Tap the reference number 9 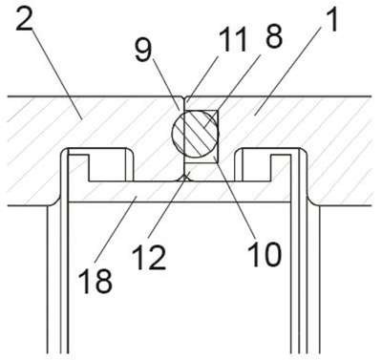click(x=143, y=52)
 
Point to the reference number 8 click(x=273, y=37)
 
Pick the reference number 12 click(x=150, y=258)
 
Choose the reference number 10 click(x=265, y=254)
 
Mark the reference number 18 click(x=96, y=281)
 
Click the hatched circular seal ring click(x=196, y=134)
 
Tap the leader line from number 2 click(x=56, y=74)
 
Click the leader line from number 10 click(x=235, y=196)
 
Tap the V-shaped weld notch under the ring click(x=185, y=178)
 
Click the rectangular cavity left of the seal click(x=108, y=168)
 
